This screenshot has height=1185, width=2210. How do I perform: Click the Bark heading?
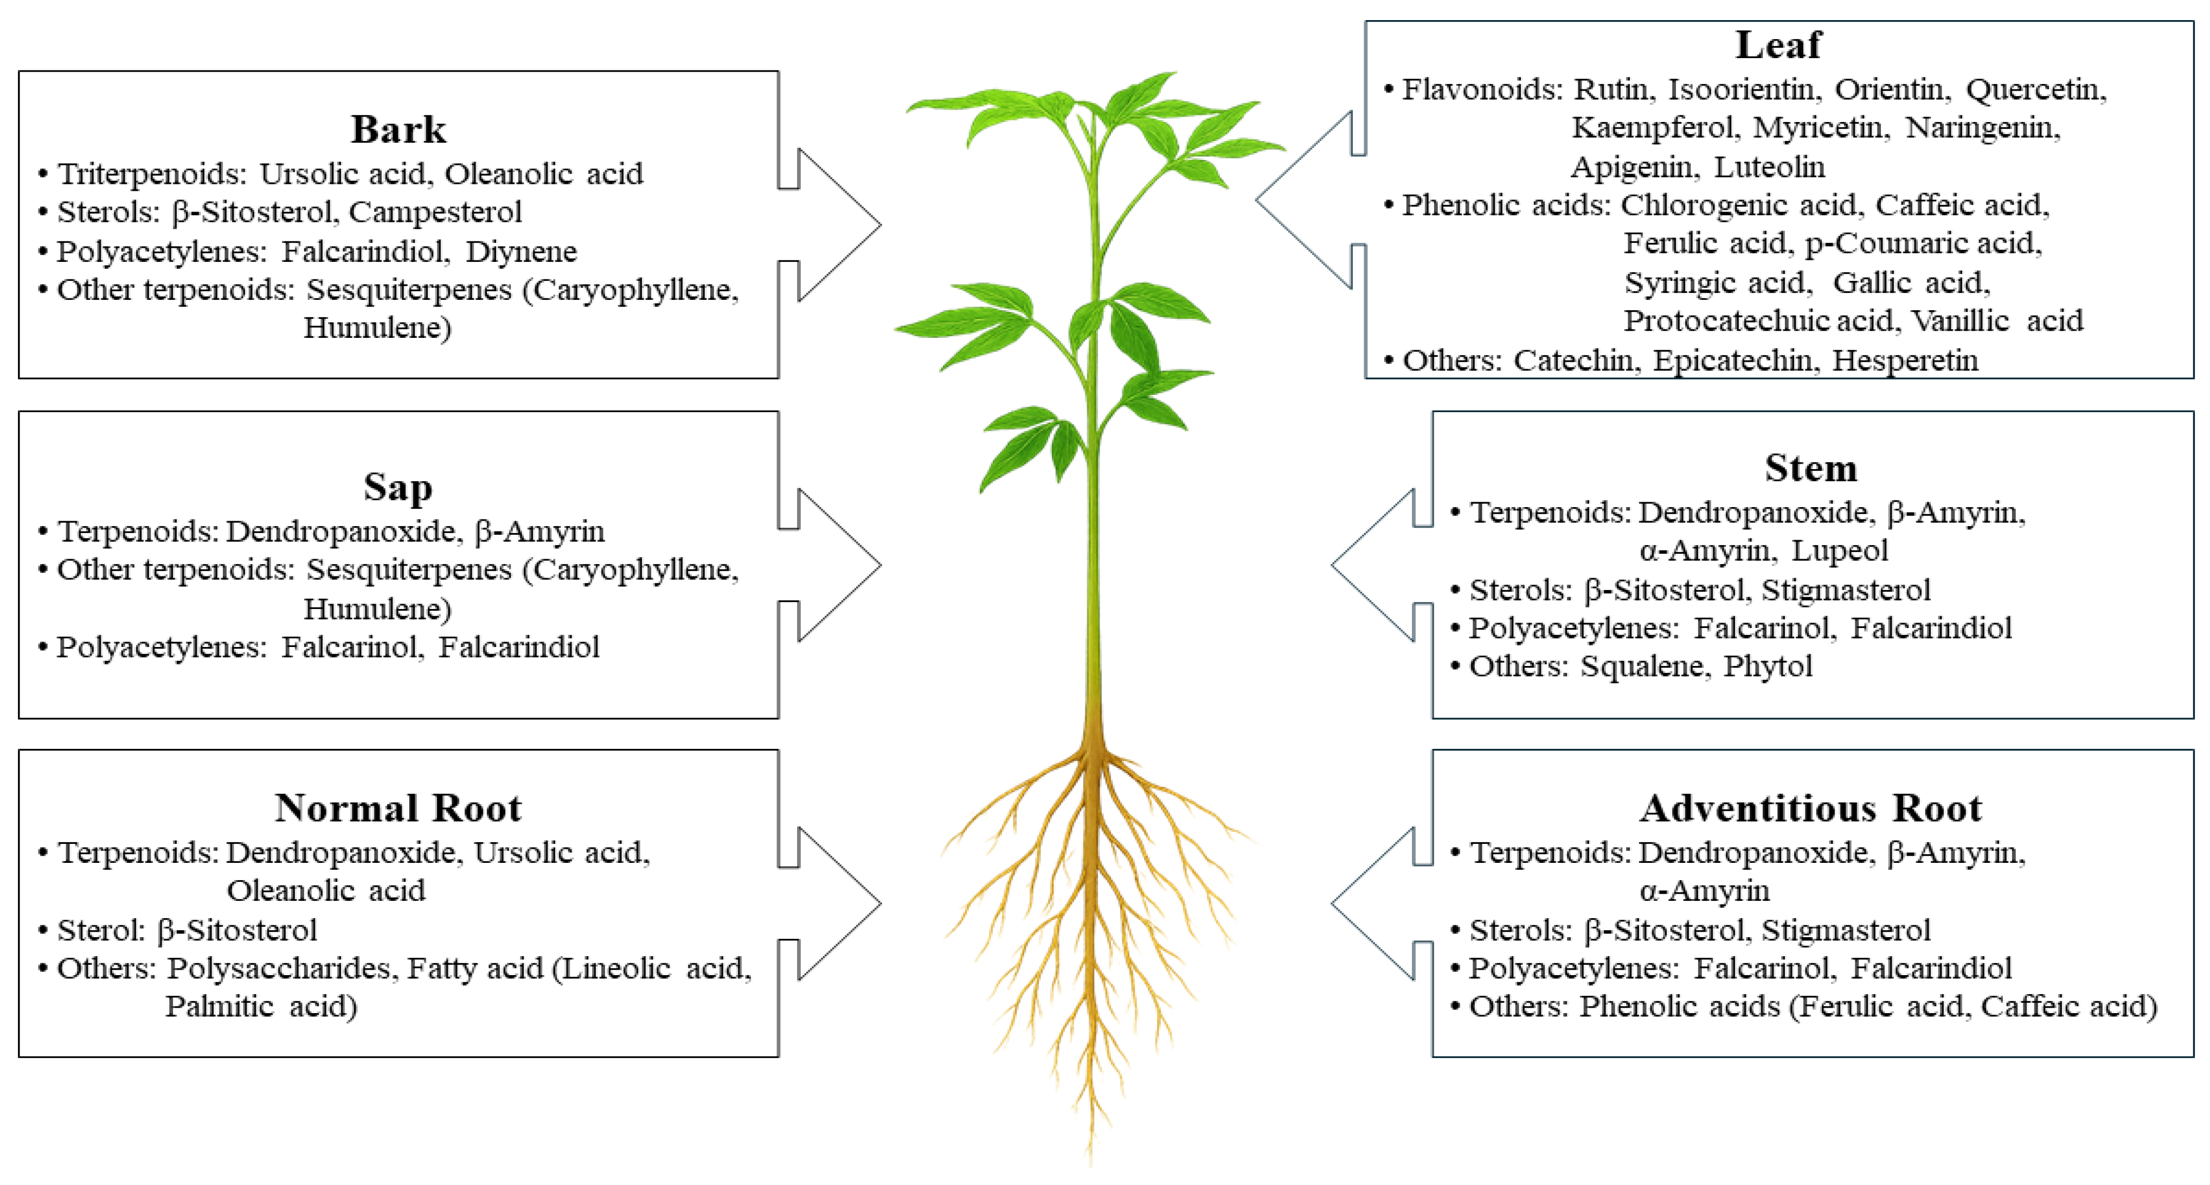pos(398,130)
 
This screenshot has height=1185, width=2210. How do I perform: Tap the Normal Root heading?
pos(398,808)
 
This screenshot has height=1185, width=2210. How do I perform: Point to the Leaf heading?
pos(1778,44)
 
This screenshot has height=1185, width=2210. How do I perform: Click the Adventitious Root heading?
pos(1811,808)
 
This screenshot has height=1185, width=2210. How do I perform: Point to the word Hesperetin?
pos(1905,361)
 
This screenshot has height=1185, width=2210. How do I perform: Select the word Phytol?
pos(1768,666)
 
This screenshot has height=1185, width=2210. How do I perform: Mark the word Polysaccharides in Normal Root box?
pos(281,969)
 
